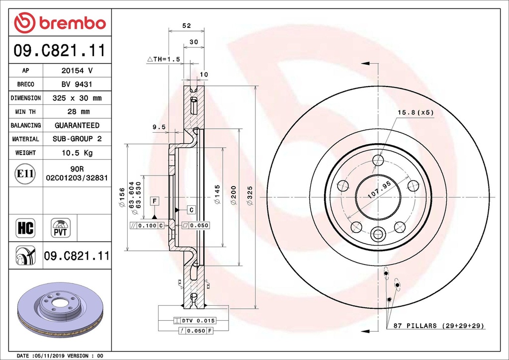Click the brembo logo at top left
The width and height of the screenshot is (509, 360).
pos(60,22)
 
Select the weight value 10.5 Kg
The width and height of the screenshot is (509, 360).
pos(77,153)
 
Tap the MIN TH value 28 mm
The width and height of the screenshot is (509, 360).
pos(77,112)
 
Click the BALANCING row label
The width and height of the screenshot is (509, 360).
pos(26,125)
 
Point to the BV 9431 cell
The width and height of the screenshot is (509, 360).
pos(77,85)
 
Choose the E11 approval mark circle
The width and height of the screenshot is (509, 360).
pos(25,174)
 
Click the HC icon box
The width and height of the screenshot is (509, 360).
pos(25,228)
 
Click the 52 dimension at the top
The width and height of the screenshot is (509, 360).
pos(186,25)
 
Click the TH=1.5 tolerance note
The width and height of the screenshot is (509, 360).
pos(164,59)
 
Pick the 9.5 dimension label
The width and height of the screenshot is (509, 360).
pos(159,127)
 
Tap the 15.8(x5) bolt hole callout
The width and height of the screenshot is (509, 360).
pos(415,112)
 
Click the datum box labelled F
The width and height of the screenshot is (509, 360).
pos(155,201)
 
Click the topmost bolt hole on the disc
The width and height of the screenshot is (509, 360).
pos(378,160)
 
